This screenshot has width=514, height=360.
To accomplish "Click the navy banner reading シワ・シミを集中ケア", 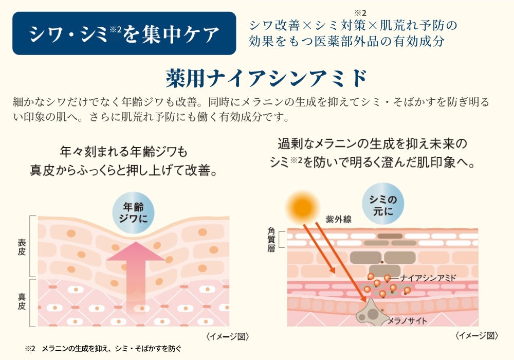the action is pos(124,33).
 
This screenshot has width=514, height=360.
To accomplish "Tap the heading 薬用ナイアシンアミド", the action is pos(266,78).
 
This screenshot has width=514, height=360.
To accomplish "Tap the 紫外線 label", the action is pos(338,219).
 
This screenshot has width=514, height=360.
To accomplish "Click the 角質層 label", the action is pos(271,240).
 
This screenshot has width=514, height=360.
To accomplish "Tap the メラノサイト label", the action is pos(408,321).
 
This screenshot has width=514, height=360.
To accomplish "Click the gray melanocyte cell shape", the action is pos(369,311).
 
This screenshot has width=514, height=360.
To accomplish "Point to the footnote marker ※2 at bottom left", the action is pos(29,348).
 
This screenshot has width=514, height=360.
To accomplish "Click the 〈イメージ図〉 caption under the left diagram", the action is pos(227,337).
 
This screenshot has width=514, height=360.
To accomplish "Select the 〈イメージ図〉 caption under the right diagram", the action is pos(476,336).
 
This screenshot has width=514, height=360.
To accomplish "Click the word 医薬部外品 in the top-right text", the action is pos(354,41).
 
